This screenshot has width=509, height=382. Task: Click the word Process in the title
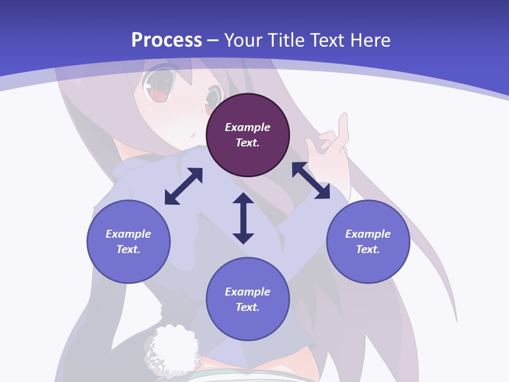coord(166,40)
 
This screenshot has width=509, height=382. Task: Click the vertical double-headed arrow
coord(243,218)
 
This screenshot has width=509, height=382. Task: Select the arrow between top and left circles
coord(183,186)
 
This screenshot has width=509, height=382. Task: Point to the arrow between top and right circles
coord(311,180)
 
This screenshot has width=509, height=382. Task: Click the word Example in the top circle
coord(248,127)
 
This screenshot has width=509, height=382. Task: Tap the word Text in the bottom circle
coord(247,307)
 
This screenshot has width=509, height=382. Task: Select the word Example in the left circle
coord(128,234)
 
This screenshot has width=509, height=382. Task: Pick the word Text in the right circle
coord(367,249)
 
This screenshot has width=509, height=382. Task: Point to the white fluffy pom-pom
coord(170,348)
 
